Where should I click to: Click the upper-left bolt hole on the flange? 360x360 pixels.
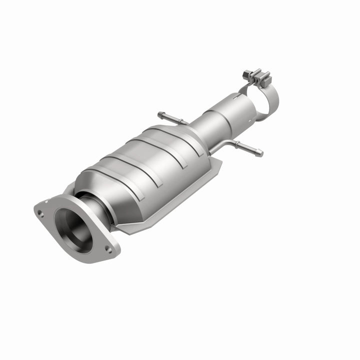coord(40,212)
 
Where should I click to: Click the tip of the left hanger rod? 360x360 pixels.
coord(160,114)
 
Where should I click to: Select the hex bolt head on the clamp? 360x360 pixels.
coord(245,74)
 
